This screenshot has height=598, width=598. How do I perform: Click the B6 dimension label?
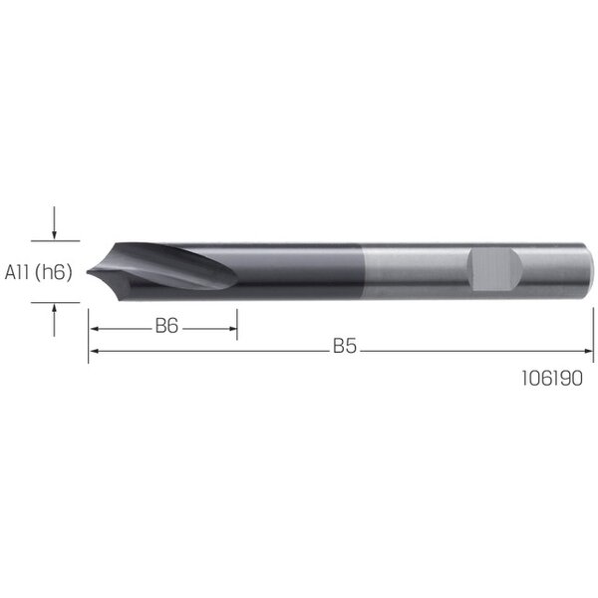166,326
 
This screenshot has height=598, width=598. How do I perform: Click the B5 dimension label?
345,346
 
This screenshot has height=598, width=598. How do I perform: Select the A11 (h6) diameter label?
38,272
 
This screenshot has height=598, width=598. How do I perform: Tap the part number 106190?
552,379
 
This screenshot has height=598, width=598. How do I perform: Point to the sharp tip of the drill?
88,272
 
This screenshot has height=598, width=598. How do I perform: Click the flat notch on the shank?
494,269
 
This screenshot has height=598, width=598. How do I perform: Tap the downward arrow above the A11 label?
54,222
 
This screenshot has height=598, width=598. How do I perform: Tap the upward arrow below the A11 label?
54,320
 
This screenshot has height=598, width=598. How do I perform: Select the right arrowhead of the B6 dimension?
232,329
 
